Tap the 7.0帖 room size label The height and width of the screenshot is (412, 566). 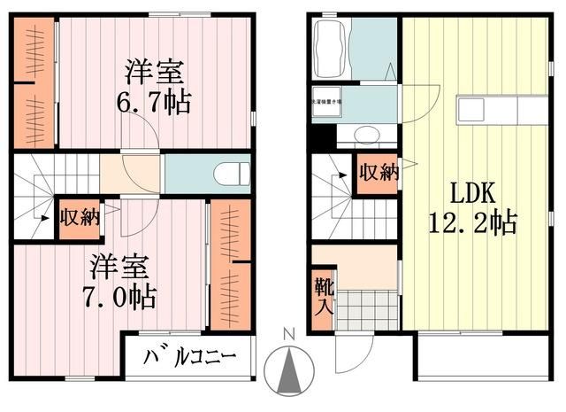[x=123, y=295]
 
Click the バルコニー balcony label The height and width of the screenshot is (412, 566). [x=188, y=359]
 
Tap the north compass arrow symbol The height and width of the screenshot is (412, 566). [x=288, y=370]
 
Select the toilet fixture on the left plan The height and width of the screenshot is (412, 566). [x=233, y=172]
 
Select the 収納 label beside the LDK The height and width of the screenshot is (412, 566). [x=377, y=173]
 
